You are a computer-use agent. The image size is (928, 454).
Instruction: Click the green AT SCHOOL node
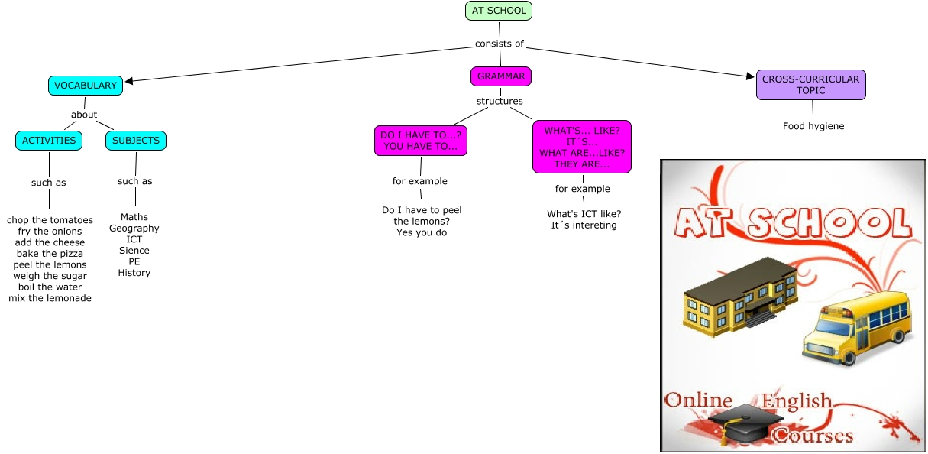tap(499, 11)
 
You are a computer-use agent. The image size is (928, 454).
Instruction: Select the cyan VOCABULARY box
tap(85, 86)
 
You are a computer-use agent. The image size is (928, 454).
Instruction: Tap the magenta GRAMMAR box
tap(501, 76)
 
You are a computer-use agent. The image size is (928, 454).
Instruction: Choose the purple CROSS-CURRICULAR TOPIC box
tap(811, 85)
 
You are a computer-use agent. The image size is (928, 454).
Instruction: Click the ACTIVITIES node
tap(49, 141)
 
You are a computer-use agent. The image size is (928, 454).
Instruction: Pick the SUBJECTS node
tap(136, 141)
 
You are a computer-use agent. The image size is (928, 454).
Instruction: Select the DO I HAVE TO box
tap(420, 141)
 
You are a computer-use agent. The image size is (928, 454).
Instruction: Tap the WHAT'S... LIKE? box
tap(582, 148)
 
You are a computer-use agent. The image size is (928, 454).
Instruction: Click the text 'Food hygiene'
tap(813, 126)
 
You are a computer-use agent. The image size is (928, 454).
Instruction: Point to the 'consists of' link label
tap(500, 44)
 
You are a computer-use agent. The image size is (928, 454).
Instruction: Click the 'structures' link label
tap(500, 101)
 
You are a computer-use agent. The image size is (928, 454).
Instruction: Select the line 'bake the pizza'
tap(49, 254)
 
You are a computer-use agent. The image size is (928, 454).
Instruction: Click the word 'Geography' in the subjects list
tap(134, 229)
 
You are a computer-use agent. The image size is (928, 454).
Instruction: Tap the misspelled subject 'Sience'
tap(134, 251)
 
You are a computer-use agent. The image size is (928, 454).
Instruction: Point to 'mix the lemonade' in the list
tap(50, 299)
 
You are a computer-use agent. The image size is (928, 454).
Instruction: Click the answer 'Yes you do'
tap(422, 232)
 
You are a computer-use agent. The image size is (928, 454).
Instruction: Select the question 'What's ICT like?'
tap(584, 214)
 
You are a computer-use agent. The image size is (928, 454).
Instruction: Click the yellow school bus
tap(857, 329)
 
